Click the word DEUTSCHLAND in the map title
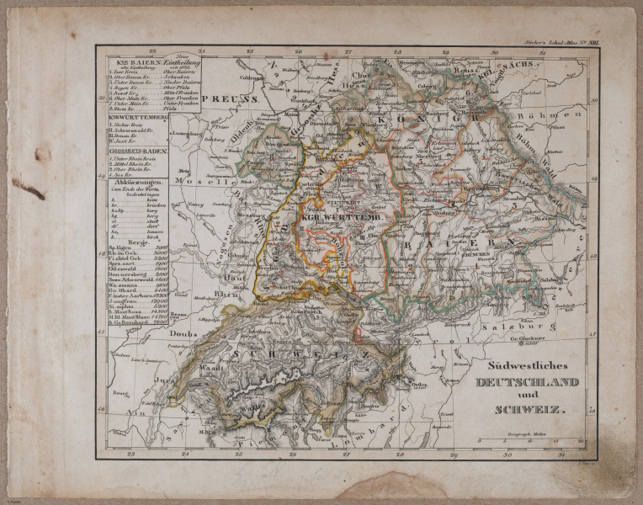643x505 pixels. (527, 382)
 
